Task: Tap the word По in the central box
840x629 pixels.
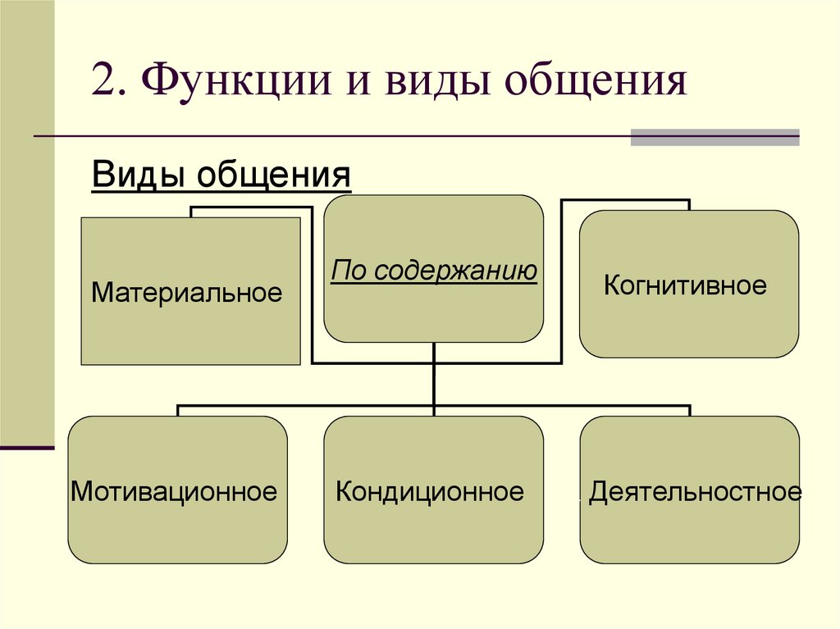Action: (x=345, y=271)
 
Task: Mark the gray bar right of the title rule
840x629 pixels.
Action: (x=714, y=137)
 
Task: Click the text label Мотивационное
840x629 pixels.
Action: (x=174, y=492)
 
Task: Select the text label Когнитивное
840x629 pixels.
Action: (x=685, y=285)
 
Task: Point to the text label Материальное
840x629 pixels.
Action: (x=187, y=292)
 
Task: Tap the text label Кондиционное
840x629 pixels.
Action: (x=430, y=492)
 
